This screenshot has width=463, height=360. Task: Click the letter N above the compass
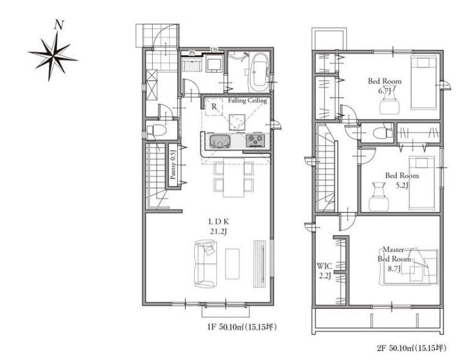coord(59,25)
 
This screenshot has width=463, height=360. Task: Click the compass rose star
coord(53,56)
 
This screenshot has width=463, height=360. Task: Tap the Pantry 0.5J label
coord(173,165)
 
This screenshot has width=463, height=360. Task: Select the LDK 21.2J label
coord(219,226)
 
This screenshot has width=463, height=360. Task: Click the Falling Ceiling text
coord(247,100)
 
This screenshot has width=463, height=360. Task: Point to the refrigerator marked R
coord(214,107)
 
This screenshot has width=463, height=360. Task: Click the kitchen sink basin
coord(221,141)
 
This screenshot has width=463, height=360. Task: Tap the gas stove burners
coord(256,140)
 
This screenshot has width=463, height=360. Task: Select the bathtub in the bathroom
coord(259,73)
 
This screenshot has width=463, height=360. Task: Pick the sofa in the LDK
coord(205,263)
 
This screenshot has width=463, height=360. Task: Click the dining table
coord(233,178)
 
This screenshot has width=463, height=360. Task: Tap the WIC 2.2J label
coord(324,271)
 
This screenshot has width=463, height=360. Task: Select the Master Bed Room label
coord(394,259)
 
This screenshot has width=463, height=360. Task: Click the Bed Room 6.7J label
coord(385,85)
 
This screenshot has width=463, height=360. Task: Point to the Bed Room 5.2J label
coord(402,180)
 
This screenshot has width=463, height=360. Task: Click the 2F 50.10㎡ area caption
coord(411,348)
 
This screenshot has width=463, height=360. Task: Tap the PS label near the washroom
coord(192,54)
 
